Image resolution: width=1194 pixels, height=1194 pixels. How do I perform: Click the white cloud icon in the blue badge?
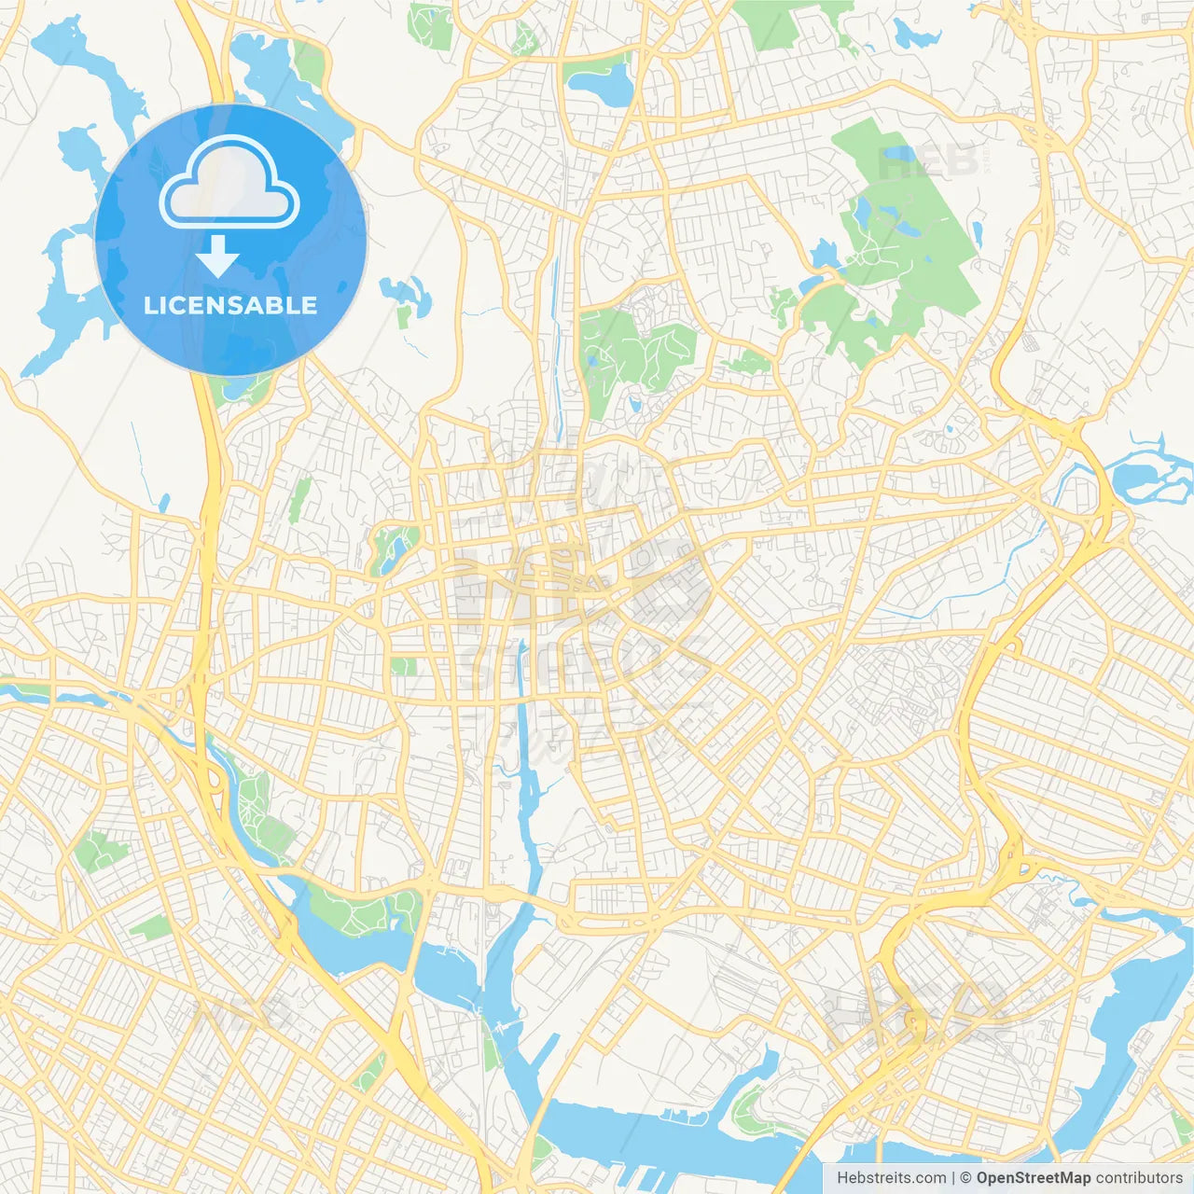tap(229, 183)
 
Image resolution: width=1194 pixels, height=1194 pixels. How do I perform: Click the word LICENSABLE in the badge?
tap(230, 305)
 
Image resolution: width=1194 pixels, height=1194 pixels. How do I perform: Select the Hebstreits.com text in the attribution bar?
tap(892, 1178)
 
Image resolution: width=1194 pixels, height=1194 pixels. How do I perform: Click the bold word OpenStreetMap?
tap(1033, 1178)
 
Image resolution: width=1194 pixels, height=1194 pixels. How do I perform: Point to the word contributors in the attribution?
tap(1139, 1178)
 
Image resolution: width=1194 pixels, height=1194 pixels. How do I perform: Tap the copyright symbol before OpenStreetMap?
tap(966, 1178)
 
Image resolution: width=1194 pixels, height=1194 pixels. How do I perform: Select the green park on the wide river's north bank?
tap(364, 909)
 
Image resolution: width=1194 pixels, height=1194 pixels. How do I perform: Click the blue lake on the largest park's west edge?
tap(825, 254)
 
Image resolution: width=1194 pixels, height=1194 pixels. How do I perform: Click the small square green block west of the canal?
tap(404, 666)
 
